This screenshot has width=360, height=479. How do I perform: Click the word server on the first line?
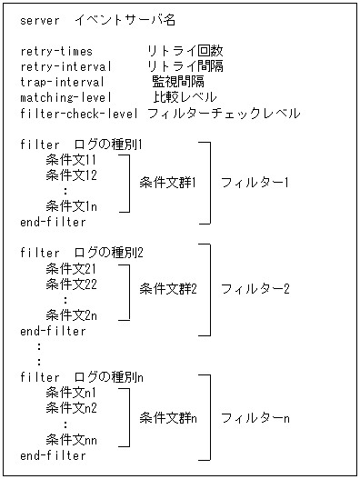[x=39, y=20]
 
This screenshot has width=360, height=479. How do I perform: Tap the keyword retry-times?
[x=56, y=51]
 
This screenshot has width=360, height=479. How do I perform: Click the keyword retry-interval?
[x=66, y=66]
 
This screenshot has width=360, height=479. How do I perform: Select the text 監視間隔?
[x=178, y=82]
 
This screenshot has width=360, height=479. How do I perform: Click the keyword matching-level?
[x=66, y=97]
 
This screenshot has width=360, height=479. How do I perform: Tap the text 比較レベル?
[x=185, y=97]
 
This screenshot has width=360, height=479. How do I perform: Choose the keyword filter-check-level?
[x=79, y=114]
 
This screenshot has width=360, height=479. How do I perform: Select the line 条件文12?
[x=71, y=175]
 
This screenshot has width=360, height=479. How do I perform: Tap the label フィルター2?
[x=255, y=290]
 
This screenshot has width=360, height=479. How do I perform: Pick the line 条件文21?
[x=71, y=268]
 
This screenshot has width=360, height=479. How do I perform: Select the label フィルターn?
[x=255, y=417]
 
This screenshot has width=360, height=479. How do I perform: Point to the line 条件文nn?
[x=71, y=440]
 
